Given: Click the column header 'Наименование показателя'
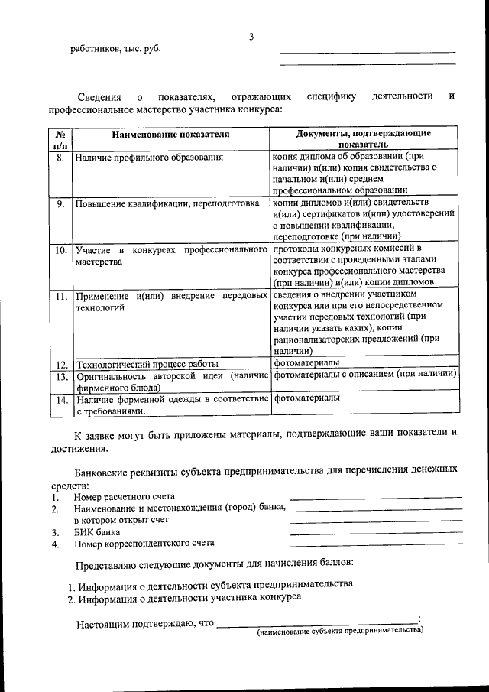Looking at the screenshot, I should pyautogui.click(x=170, y=134).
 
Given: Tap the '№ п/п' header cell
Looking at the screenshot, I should pyautogui.click(x=61, y=138).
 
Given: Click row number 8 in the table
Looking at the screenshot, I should pyautogui.click(x=61, y=158).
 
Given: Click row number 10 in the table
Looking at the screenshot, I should pyautogui.click(x=61, y=250).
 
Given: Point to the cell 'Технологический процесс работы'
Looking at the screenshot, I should pyautogui.click(x=147, y=363).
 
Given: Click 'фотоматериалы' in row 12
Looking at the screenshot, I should pyautogui.click(x=307, y=362).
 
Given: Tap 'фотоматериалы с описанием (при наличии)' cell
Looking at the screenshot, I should pyautogui.click(x=364, y=375).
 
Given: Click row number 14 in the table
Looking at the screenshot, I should pyautogui.click(x=61, y=399).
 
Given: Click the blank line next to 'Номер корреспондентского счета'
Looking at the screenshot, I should pyautogui.click(x=376, y=544).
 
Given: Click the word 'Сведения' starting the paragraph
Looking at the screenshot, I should pyautogui.click(x=97, y=97).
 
